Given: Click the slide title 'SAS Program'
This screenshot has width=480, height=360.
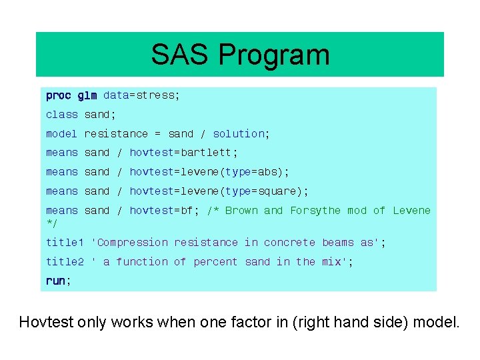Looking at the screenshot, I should point(240,55).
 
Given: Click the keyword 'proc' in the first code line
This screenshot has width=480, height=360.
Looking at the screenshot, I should point(59,95).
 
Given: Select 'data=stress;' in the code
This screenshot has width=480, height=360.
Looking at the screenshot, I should point(141,95).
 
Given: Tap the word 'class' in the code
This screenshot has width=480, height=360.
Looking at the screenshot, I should point(62,115).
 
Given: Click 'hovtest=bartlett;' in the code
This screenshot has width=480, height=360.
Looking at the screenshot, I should point(183,153).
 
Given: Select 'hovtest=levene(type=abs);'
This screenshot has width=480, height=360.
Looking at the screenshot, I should point(209,172).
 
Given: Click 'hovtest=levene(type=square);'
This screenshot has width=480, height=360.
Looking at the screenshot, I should point(219,191).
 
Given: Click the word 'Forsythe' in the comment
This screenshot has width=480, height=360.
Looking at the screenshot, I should point(315,211).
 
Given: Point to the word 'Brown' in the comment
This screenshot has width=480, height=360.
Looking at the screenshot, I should point(241,211).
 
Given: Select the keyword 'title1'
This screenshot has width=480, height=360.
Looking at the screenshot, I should point(65,243).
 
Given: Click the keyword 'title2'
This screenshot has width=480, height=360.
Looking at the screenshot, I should point(65,262).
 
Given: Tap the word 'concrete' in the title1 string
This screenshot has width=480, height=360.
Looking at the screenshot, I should point(289,243).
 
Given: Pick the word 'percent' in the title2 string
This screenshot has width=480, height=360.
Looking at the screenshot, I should point(215,262).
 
